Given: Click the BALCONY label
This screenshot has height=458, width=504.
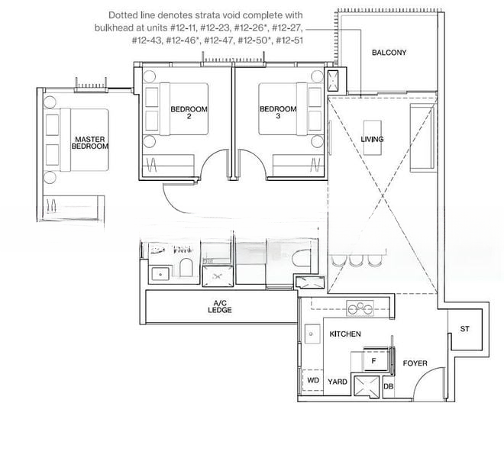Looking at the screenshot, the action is coord(389,53).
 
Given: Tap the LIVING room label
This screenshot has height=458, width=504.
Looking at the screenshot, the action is coord(372,139).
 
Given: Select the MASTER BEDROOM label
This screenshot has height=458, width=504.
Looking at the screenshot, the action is coord(90,143).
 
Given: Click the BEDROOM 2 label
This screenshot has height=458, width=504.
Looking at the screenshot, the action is coord(189,112).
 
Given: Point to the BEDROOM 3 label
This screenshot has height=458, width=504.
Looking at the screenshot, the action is coord(278,112).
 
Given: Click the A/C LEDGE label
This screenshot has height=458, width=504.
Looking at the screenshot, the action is coord(220,307).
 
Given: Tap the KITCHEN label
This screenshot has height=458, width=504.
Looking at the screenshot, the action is coord(345,334).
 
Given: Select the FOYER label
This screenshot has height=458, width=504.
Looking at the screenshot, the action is coord(415,363).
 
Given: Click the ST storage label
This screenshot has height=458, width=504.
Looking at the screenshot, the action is coord(465,329).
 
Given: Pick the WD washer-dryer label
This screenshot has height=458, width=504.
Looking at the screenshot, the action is coord(313,381).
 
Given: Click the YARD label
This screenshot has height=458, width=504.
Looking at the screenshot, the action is coord(338,382).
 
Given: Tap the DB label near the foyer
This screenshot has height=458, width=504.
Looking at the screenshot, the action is coord(389,386).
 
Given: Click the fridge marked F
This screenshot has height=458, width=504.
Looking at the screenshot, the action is coord(376,360).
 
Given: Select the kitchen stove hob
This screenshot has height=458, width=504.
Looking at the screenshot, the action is coord(360,308).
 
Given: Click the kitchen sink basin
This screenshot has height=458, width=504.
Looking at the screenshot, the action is coord(311,334).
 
